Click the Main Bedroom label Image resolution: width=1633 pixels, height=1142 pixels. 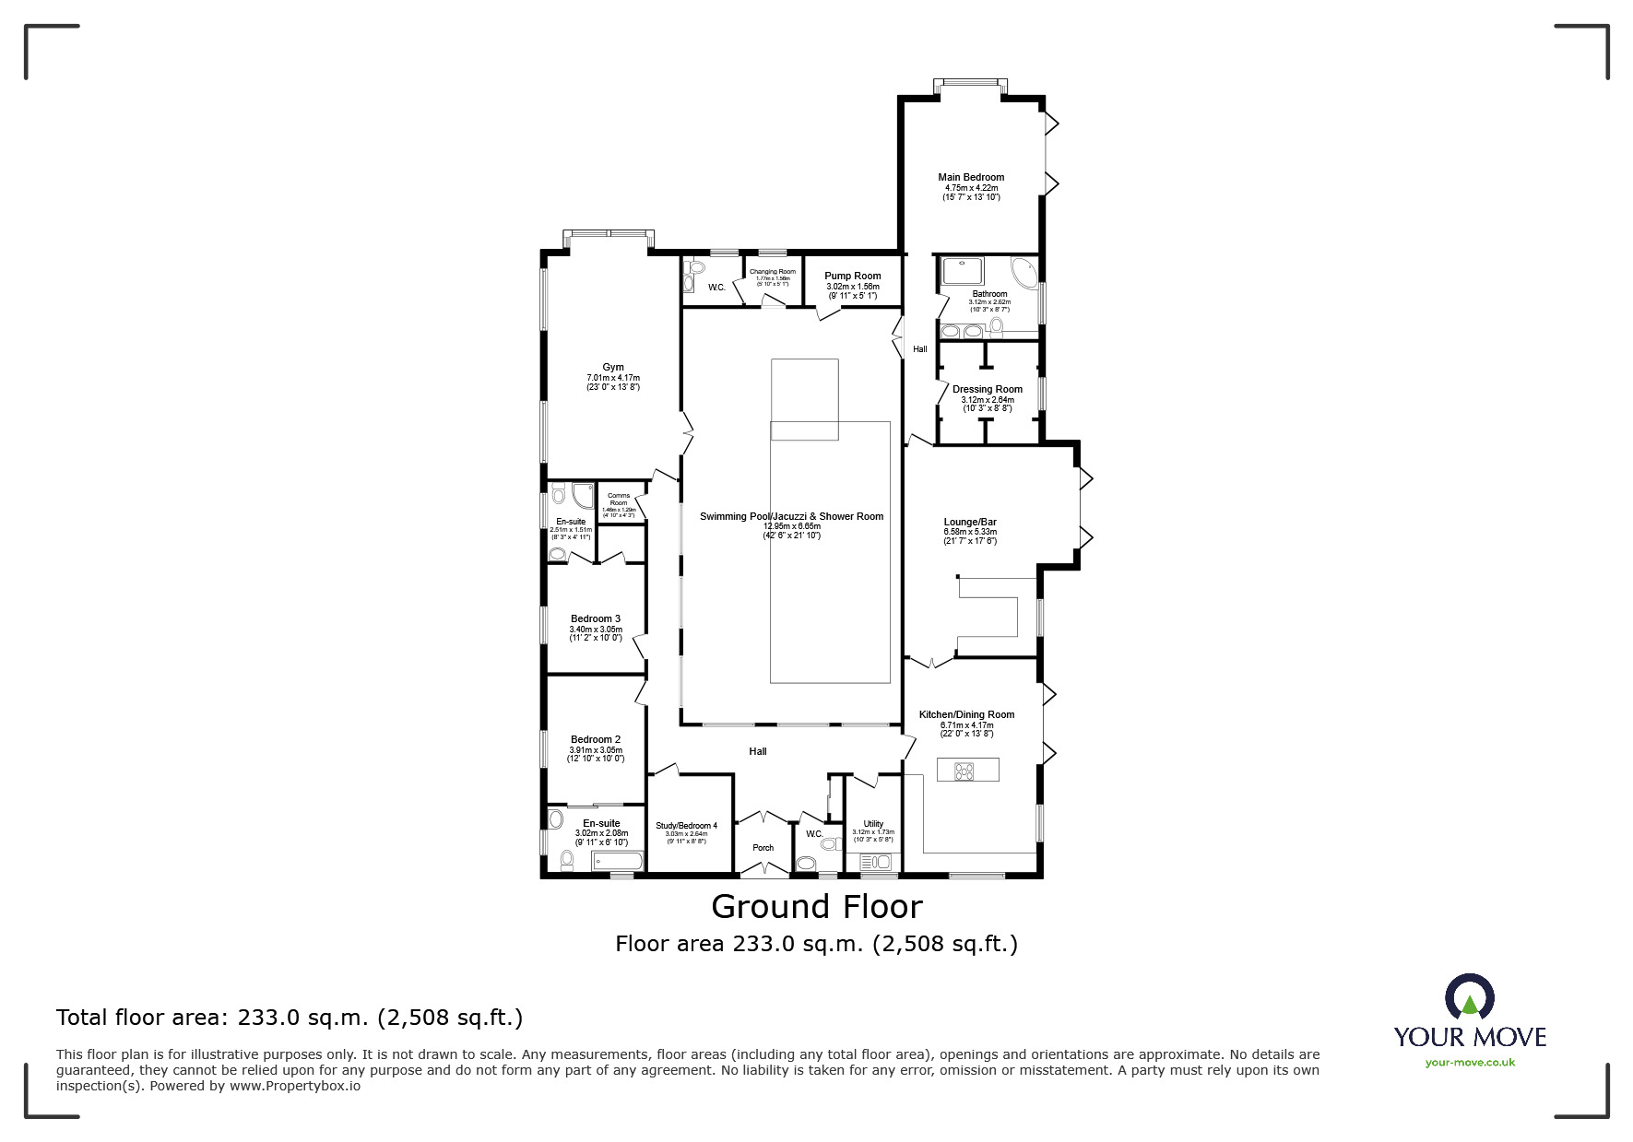click(x=970, y=177)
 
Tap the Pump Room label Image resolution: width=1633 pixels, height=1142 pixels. click(x=852, y=276)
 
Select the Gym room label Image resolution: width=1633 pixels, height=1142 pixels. click(x=613, y=367)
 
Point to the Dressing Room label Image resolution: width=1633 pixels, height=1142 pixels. click(x=987, y=389)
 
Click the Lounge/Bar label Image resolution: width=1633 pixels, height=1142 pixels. click(x=970, y=522)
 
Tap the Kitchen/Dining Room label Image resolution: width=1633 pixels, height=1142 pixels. click(x=966, y=714)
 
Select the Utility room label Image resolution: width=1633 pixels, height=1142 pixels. click(x=873, y=824)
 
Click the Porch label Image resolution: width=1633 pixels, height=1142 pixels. click(x=763, y=848)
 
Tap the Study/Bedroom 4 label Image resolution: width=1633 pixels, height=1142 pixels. click(x=686, y=826)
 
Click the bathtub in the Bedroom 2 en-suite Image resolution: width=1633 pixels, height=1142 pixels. click(x=616, y=863)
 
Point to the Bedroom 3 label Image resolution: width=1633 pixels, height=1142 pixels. click(x=595, y=618)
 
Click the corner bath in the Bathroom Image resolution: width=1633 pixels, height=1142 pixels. click(x=1024, y=272)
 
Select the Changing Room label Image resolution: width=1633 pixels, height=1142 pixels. click(x=773, y=272)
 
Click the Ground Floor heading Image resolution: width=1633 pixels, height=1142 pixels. click(x=816, y=907)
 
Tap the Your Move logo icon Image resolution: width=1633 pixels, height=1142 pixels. click(x=1469, y=997)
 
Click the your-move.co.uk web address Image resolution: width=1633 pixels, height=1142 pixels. click(x=1470, y=1063)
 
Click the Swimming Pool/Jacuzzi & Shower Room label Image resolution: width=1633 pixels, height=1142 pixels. click(x=791, y=516)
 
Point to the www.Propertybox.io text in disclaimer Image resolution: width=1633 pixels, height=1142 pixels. click(x=295, y=1086)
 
